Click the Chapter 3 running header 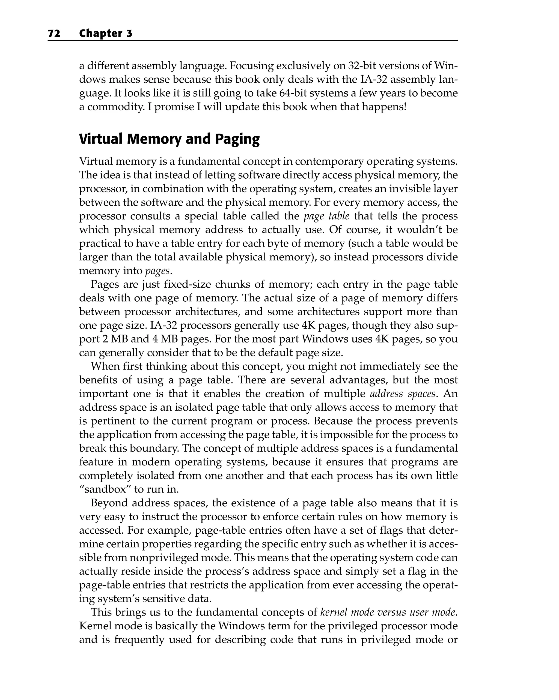coord(106,34)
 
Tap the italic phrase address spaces coord(403,394)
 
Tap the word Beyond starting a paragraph coord(109,503)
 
